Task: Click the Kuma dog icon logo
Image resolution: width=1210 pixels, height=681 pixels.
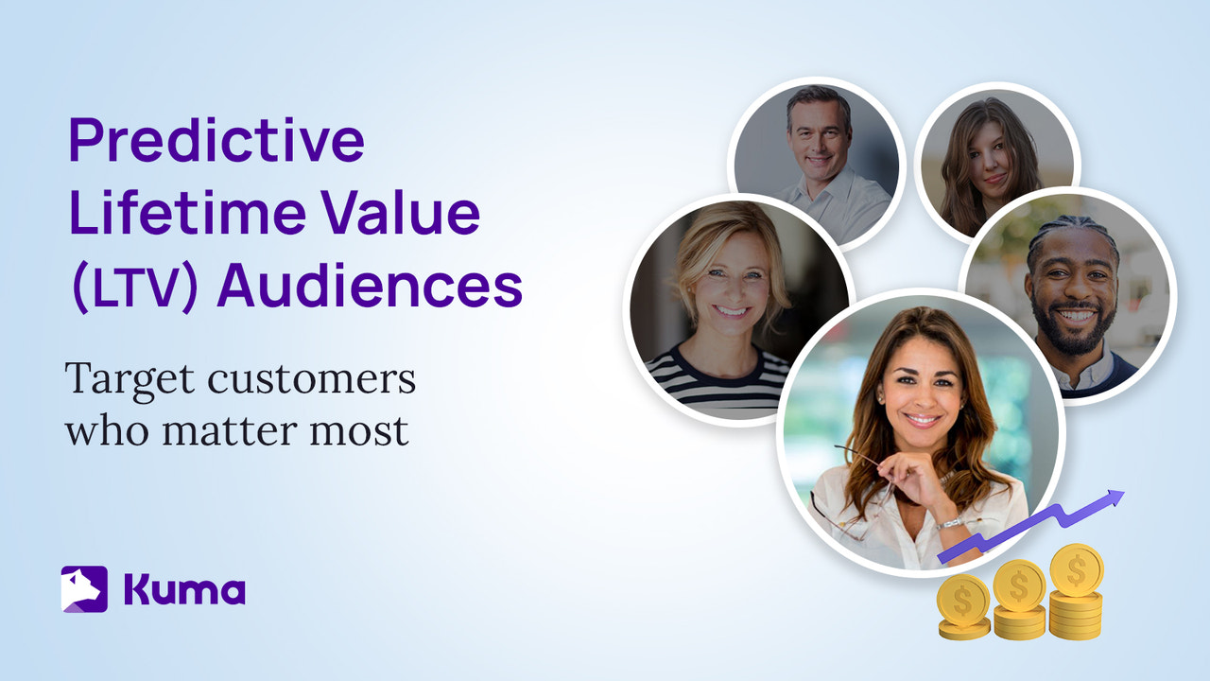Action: tap(84, 588)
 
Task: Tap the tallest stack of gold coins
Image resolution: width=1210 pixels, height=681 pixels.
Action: tap(1076, 591)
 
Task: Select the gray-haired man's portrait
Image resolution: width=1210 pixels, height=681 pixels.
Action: tap(817, 161)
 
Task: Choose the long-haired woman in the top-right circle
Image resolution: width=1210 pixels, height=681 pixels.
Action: tap(994, 161)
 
